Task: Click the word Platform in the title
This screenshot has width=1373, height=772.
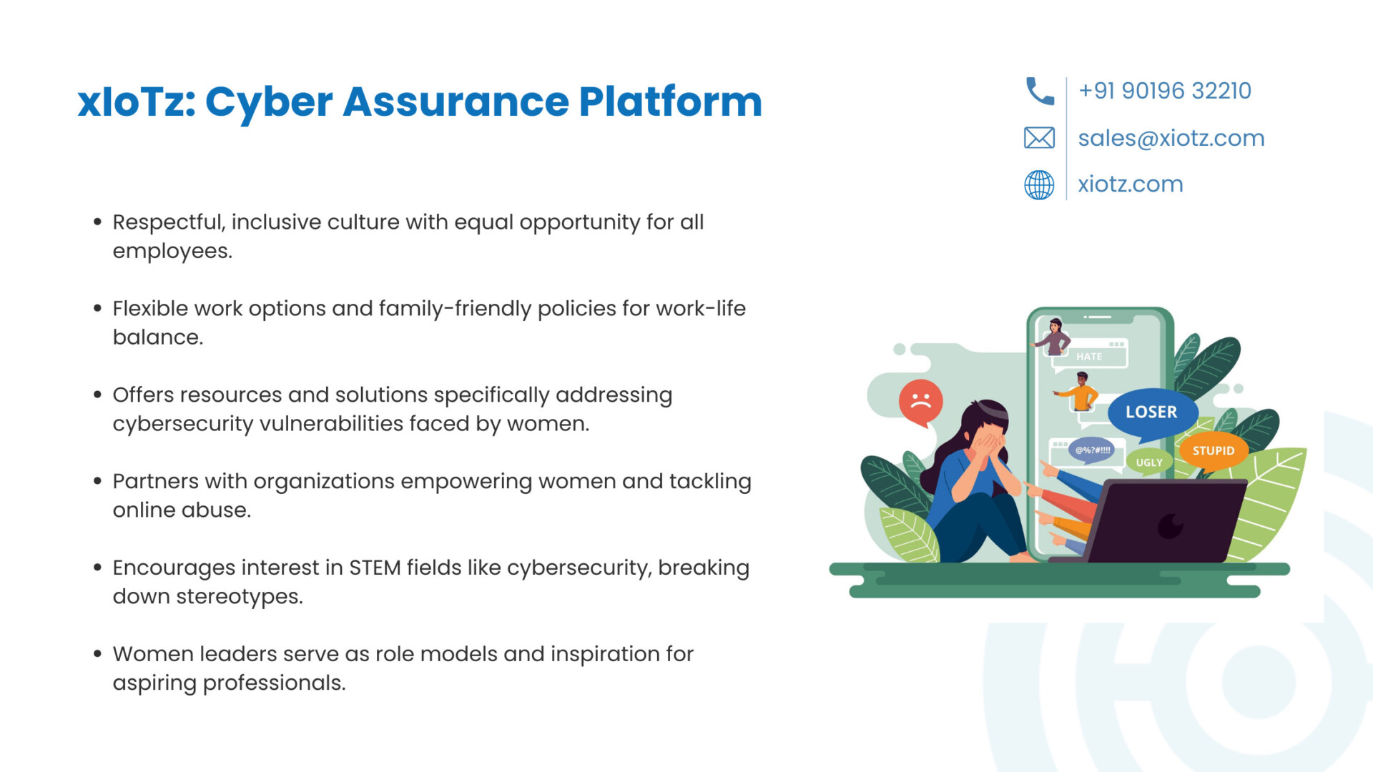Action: click(670, 102)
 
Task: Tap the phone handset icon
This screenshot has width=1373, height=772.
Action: click(1040, 91)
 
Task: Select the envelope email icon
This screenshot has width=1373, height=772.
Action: click(1039, 137)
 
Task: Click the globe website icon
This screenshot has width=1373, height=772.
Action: click(1039, 184)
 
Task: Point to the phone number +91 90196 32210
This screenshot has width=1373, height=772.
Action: click(1165, 91)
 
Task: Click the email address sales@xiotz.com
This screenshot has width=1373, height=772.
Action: click(1171, 138)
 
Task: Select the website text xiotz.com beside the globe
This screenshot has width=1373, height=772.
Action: click(1131, 184)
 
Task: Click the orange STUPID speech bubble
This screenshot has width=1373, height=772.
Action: click(1214, 451)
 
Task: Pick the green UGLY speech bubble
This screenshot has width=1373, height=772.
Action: click(1149, 462)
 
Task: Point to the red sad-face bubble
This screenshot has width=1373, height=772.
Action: click(921, 402)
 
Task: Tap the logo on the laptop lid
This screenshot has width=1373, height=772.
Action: click(1171, 526)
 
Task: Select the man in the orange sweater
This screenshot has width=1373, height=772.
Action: click(1080, 392)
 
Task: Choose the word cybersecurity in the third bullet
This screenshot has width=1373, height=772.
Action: click(183, 424)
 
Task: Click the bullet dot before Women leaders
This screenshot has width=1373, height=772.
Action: click(97, 653)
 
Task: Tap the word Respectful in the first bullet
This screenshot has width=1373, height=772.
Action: click(169, 222)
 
